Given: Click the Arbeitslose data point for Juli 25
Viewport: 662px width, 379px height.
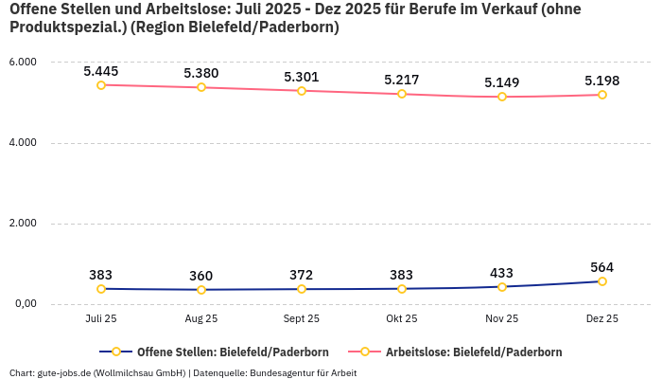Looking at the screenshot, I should tap(101, 84).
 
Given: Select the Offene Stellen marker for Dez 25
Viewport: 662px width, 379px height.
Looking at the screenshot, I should tap(602, 281).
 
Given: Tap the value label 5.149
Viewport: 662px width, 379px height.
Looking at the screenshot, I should tap(502, 82).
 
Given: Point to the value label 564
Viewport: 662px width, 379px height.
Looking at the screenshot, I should tap(602, 267).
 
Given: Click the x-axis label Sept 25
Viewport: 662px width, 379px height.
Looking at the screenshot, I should tap(302, 319).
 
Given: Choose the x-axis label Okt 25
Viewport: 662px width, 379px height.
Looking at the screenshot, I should tap(402, 319).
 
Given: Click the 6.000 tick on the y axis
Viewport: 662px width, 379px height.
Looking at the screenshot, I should tap(22, 63).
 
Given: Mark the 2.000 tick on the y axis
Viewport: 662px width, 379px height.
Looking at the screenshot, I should tap(22, 224).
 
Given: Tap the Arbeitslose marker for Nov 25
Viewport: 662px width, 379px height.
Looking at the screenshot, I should tap(502, 97).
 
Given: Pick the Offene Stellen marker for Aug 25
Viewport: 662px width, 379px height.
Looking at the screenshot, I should tap(201, 290).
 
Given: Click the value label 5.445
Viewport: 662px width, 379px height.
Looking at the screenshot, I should tap(101, 71).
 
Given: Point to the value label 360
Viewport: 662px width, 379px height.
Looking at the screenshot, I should tap(201, 276).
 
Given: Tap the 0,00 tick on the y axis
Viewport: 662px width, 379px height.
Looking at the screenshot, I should tap(24, 304).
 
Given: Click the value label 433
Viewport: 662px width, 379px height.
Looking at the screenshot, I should tap(502, 273).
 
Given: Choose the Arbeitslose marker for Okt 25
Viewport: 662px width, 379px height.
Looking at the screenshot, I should tap(402, 94).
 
